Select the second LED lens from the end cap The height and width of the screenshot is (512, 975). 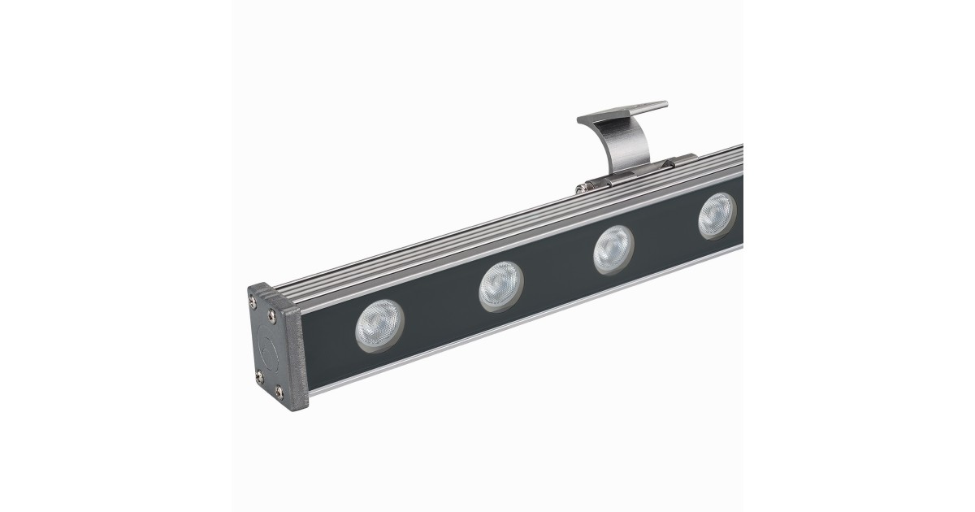500,286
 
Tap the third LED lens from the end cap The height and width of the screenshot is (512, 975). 613,249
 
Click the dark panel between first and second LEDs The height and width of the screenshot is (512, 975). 439,313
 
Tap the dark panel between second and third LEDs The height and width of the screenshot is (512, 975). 559,272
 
